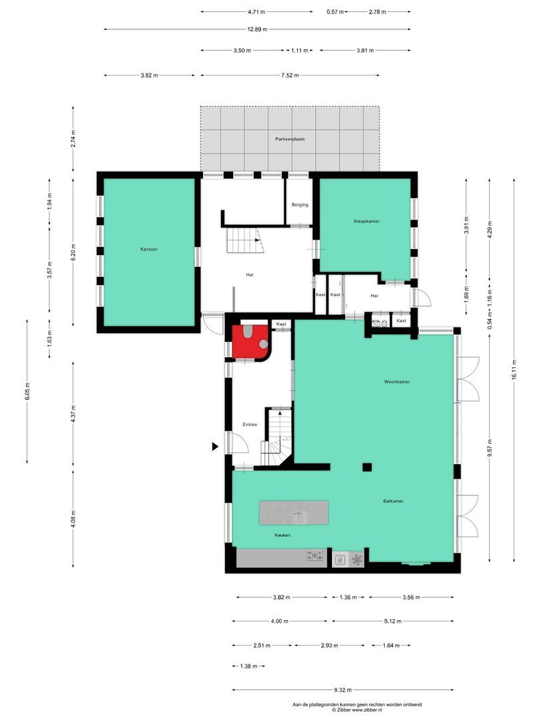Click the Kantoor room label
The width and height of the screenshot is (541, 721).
(x=149, y=249)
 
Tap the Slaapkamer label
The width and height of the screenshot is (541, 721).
(x=367, y=220)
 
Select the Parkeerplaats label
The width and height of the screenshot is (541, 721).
(x=290, y=139)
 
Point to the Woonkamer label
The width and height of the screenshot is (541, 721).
(x=397, y=382)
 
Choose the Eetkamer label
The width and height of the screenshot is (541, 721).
(x=393, y=501)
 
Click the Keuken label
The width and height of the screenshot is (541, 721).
(x=282, y=535)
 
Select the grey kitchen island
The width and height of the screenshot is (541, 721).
(x=294, y=513)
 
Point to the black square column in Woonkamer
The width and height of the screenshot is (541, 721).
(x=367, y=467)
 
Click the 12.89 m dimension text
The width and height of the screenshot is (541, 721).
(x=256, y=29)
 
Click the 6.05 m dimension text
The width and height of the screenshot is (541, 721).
(x=27, y=391)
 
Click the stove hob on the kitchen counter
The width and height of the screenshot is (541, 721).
(x=315, y=555)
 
